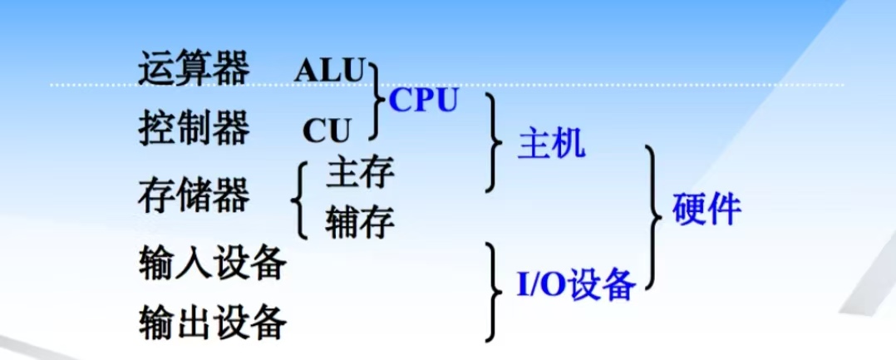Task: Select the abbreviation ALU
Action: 329,72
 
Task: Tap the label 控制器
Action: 193,128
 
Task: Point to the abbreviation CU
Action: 327,131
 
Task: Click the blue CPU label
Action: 423,101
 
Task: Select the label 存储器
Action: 193,195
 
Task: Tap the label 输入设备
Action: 212,264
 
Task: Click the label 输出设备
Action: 212,321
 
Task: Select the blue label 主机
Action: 551,145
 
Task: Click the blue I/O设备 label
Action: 575,284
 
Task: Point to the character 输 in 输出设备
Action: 156,321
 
